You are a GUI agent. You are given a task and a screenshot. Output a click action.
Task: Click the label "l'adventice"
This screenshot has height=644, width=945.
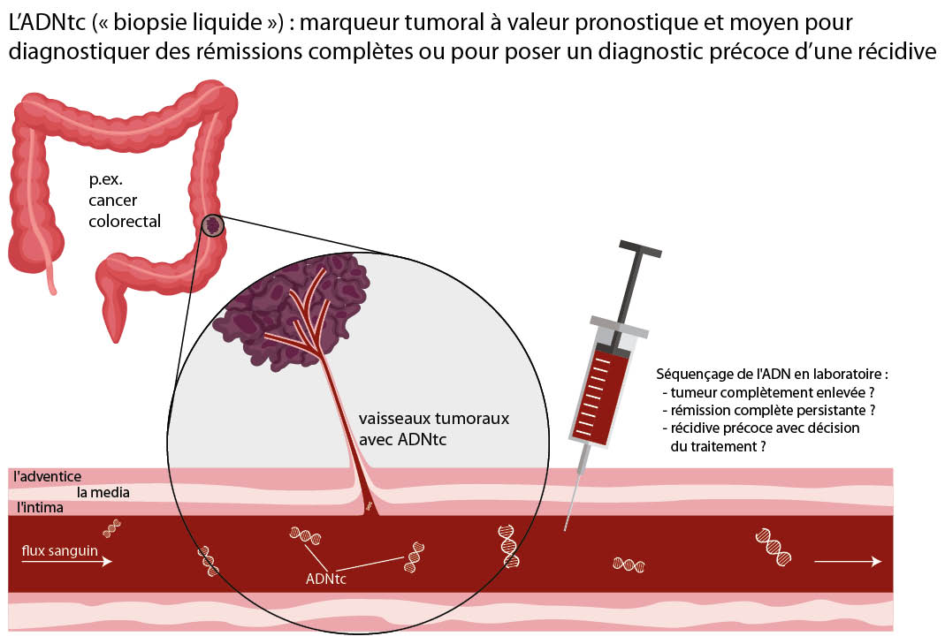(48, 477)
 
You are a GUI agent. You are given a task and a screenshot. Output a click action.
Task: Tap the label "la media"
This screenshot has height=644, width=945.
(103, 492)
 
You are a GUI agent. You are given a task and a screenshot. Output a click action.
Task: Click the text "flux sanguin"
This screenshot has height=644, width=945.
(60, 549)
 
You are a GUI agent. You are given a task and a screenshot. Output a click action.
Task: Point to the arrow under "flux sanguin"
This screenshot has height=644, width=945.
(67, 562)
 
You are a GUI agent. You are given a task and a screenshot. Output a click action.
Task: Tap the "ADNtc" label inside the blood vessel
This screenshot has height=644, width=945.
(325, 580)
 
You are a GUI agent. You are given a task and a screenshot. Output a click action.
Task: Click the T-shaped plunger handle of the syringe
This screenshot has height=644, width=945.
(638, 252)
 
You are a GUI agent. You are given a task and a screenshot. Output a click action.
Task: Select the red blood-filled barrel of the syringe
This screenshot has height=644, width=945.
(605, 393)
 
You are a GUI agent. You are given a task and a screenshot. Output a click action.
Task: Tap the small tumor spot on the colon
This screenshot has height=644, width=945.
(212, 225)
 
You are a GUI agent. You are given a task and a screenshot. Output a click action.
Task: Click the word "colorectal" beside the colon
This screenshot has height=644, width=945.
(125, 221)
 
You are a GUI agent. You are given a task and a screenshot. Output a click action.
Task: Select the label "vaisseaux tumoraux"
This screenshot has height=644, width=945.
(433, 418)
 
